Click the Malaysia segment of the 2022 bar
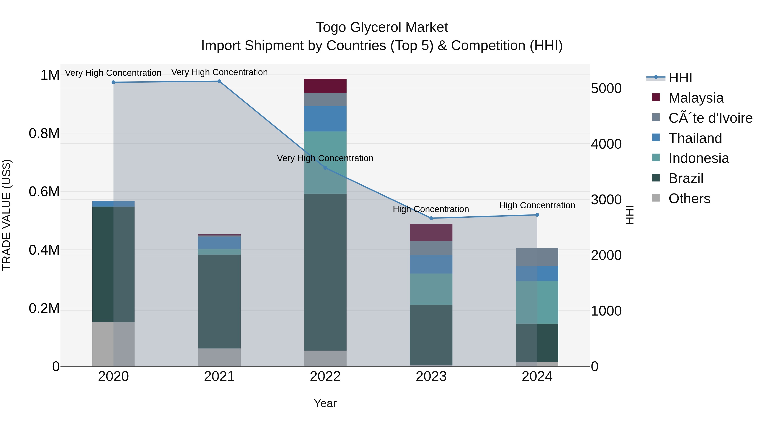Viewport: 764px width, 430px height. coord(325,86)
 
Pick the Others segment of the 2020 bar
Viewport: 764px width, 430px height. coord(113,344)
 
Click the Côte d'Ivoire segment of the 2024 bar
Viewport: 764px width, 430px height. coord(537,257)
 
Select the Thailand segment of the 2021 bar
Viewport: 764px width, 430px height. coord(219,243)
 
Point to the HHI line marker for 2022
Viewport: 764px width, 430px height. coord(325,168)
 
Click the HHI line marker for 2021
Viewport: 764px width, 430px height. coord(219,81)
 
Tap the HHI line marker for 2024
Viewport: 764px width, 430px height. coord(537,215)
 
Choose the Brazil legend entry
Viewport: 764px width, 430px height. coord(685,178)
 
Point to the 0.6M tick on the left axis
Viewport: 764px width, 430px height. coord(44,192)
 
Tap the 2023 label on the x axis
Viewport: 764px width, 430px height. coord(431,376)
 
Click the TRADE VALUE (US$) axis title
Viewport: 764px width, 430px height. coord(7,215)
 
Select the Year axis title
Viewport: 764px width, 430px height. coord(325,403)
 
